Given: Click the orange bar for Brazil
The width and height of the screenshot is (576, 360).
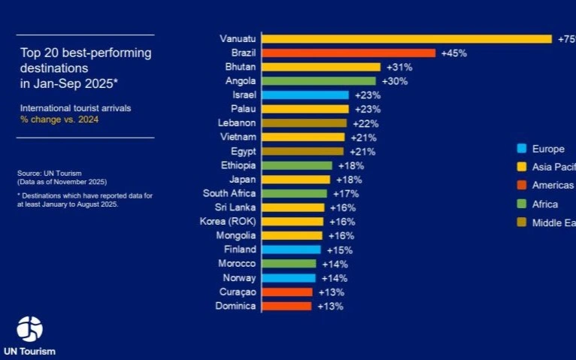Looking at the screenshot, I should click(348, 53).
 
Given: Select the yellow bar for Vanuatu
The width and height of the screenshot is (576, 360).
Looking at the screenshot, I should click(406, 39).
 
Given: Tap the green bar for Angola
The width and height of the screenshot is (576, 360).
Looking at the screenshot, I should click(318, 81).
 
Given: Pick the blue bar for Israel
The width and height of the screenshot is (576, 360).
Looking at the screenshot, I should click(305, 95).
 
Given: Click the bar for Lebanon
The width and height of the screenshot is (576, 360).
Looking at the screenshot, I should click(304, 123).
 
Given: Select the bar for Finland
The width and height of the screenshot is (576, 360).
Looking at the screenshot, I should click(290, 250).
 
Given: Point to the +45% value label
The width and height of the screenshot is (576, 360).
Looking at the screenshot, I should click(453, 53).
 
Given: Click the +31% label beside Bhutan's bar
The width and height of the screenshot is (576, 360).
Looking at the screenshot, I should click(398, 67).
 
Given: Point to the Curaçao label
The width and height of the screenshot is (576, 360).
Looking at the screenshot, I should click(238, 292).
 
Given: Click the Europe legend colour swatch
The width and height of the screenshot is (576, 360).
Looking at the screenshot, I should click(520, 149).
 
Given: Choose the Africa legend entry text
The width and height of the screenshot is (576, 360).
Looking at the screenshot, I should click(545, 204).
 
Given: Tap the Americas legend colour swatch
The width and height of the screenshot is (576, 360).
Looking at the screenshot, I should click(520, 186).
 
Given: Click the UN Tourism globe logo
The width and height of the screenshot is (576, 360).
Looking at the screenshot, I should click(30, 329).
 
